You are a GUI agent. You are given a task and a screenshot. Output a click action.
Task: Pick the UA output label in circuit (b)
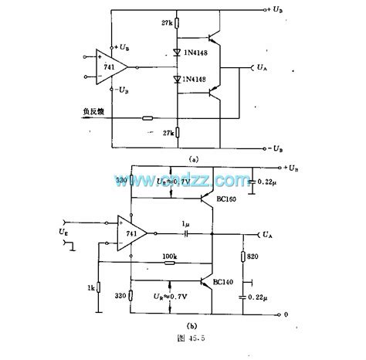click(x=266, y=232)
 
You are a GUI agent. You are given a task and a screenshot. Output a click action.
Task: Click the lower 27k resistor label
click(x=167, y=132)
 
